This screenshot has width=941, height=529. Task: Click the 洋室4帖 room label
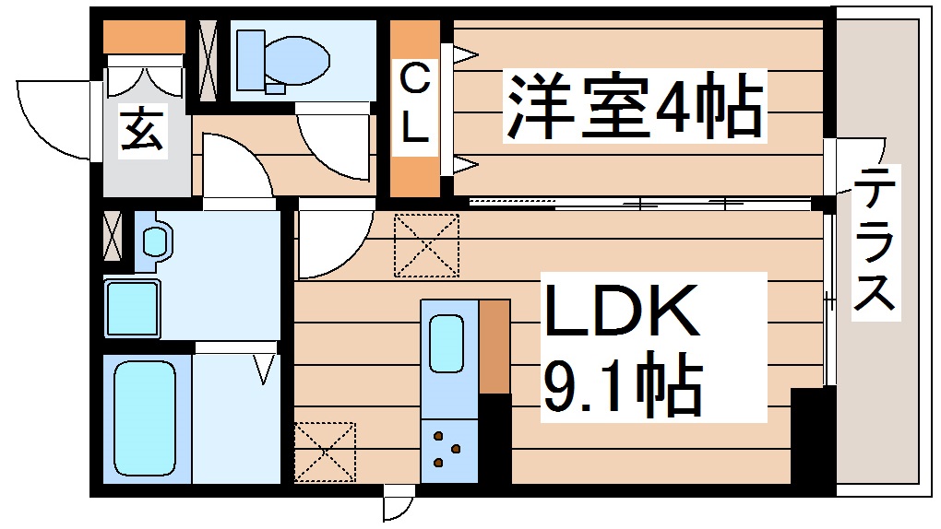point(634,109)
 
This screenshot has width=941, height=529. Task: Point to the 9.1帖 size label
point(620,385)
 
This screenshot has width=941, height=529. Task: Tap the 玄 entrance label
point(143,130)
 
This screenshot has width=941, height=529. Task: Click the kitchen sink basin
point(447,342)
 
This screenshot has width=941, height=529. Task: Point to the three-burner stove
point(447,448)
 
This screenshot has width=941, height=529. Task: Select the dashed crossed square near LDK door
point(426,245)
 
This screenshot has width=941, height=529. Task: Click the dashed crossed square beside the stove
point(325,452)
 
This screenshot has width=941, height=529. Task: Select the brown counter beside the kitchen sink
point(494,346)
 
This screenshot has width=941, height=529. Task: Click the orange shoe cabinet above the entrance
point(144,37)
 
